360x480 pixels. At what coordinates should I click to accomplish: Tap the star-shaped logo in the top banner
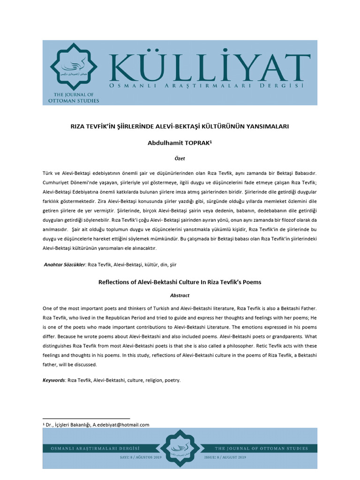point(74,67)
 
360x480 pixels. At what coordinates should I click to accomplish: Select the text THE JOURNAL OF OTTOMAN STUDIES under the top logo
point(74,97)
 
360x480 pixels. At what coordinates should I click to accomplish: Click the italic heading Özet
point(180,158)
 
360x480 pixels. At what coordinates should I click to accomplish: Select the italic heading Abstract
point(180,296)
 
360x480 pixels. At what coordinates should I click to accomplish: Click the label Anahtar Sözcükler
point(65,264)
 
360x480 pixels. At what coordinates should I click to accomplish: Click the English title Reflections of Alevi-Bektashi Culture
point(180,282)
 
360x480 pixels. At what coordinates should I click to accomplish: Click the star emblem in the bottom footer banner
point(180,449)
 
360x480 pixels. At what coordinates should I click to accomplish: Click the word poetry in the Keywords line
point(172,380)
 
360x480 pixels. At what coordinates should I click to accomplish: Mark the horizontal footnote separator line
point(86,418)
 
